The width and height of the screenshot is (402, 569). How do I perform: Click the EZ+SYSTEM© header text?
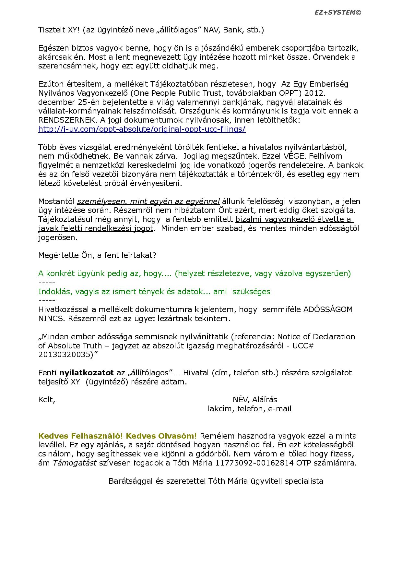click(337, 13)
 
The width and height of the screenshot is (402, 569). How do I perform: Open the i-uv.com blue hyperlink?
click(142, 129)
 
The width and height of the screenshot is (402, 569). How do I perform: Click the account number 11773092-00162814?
click(254, 463)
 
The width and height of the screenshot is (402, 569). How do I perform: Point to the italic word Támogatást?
click(75, 463)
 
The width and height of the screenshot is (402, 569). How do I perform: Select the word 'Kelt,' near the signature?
click(47, 400)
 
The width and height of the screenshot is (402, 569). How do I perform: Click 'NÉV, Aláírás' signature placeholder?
click(255, 400)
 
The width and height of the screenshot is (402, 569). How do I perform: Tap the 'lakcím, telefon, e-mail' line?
click(249, 409)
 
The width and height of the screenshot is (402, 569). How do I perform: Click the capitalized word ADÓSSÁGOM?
click(328, 309)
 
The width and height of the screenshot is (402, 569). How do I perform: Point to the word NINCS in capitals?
click(52, 319)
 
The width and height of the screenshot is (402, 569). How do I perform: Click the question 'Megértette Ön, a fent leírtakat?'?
click(97, 255)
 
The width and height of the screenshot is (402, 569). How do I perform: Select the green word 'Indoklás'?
click(54, 291)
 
